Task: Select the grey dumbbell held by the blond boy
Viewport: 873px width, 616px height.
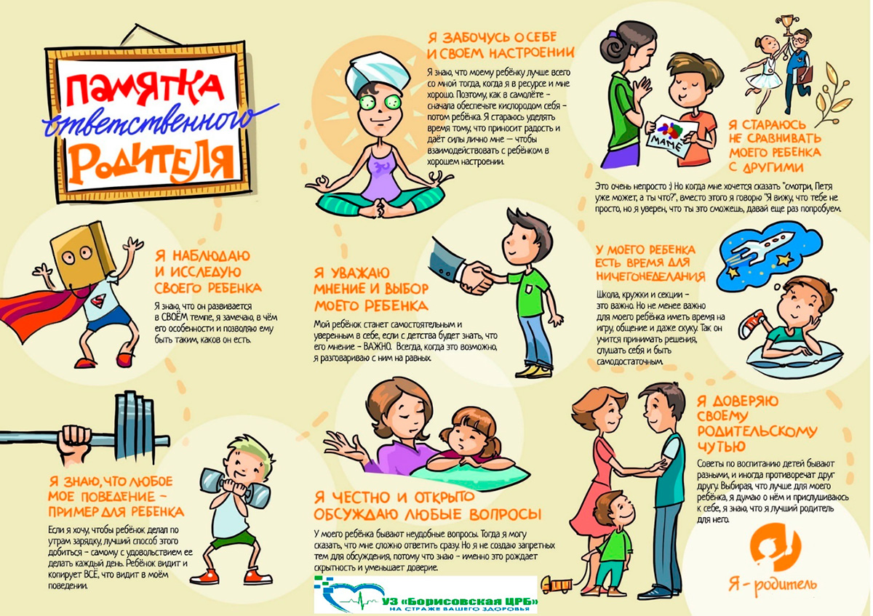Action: pos(234,488)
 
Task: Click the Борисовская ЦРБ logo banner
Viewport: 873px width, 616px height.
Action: pos(426,595)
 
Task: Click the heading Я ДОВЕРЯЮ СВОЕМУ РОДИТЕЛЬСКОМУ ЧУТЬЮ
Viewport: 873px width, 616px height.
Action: pos(756,423)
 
